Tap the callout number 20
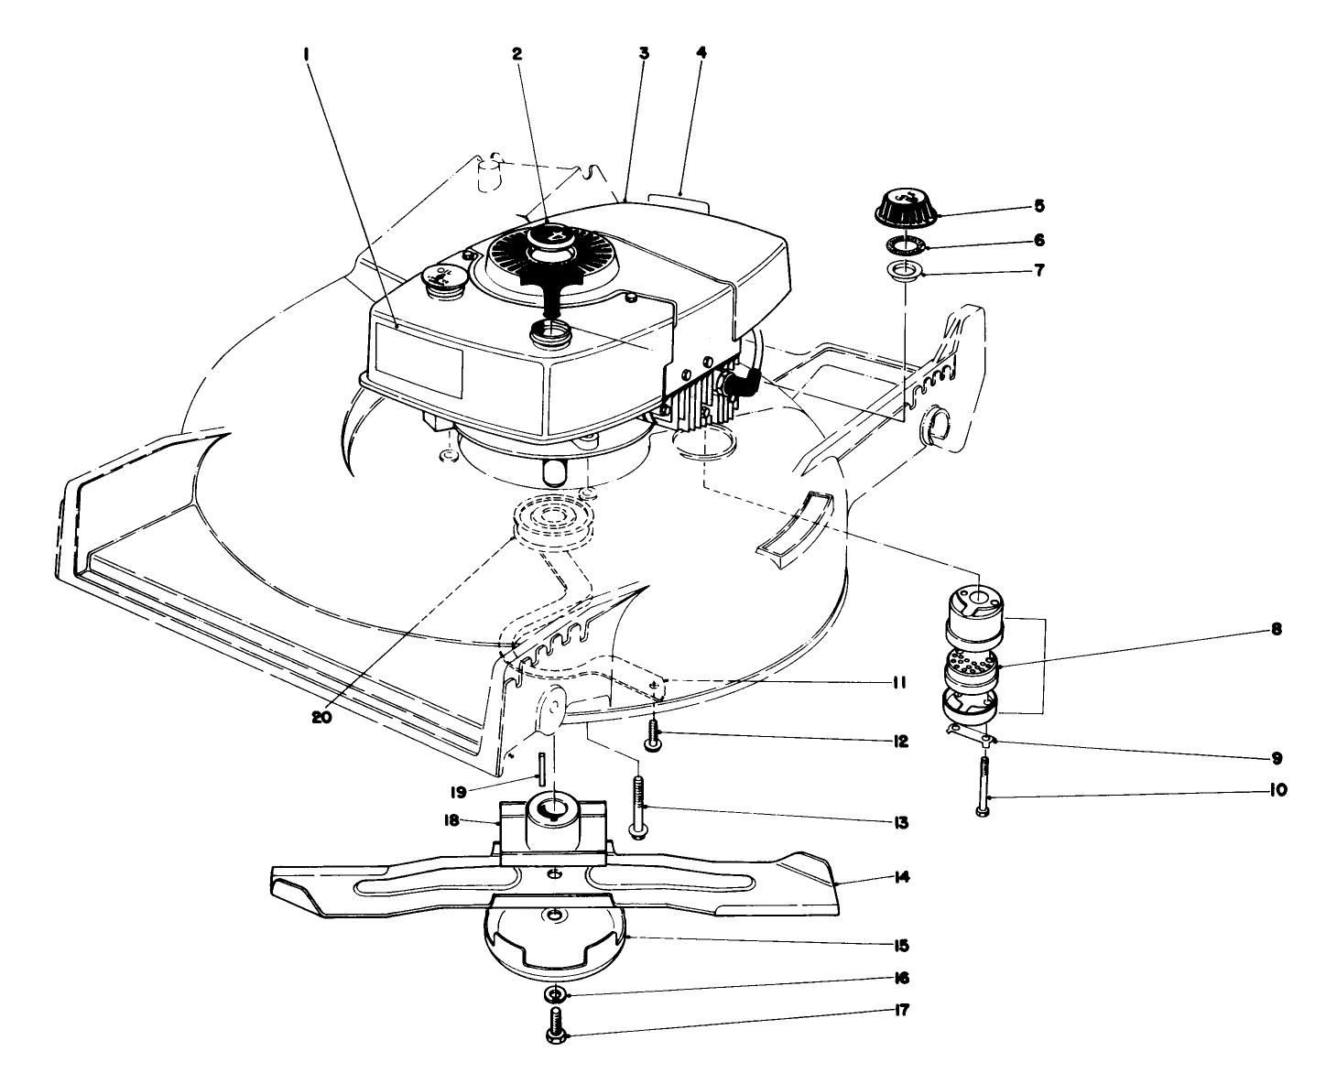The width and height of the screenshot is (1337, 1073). point(320,717)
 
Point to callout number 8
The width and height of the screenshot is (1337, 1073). point(1277,630)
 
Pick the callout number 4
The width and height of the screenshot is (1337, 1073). point(701,53)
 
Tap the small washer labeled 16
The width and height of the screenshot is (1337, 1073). point(557,994)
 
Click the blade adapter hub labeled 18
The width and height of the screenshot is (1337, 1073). point(551,818)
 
